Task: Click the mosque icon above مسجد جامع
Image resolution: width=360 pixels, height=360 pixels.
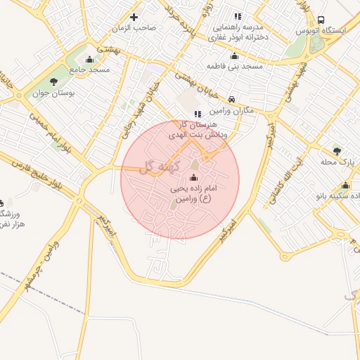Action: point(89,58)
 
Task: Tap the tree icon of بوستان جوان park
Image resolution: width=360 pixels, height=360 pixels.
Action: point(54,82)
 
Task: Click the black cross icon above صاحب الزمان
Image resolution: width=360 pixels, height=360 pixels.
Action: point(134,16)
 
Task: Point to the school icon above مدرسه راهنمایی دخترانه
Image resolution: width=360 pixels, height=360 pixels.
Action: point(238,16)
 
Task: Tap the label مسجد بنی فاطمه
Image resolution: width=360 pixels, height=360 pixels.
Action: point(234,65)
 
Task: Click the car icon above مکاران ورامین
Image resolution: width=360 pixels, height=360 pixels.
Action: point(231,99)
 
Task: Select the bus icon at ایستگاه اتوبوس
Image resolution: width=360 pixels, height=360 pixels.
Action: point(321,20)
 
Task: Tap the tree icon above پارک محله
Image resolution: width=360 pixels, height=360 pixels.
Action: point(337,150)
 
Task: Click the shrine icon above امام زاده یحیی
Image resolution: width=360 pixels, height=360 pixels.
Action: point(194,177)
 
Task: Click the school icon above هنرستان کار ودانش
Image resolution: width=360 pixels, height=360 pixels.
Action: point(197,113)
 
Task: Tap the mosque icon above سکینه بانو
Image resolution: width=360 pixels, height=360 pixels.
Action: point(345,186)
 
